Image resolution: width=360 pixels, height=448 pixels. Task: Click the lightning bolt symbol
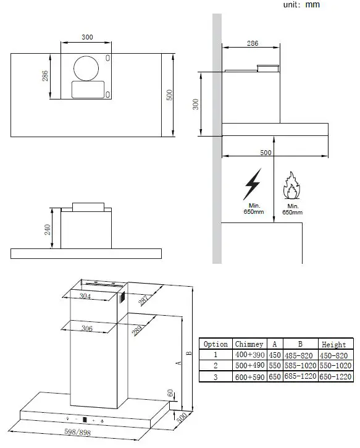click(252, 184)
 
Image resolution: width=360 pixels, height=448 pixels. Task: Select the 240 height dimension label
click(48, 230)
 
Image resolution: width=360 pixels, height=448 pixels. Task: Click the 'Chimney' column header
click(250, 344)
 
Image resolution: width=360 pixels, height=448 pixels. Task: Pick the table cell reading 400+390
click(250, 355)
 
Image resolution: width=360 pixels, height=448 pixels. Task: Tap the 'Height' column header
click(335, 344)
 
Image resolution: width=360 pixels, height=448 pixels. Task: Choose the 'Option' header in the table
click(216, 344)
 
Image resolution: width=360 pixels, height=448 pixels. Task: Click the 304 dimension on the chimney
click(86, 297)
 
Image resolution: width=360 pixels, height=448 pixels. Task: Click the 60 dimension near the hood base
click(170, 393)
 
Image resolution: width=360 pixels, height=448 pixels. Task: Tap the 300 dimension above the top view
click(87, 38)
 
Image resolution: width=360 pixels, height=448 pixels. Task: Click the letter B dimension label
click(189, 353)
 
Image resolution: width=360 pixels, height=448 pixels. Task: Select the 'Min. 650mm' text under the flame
click(292, 209)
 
